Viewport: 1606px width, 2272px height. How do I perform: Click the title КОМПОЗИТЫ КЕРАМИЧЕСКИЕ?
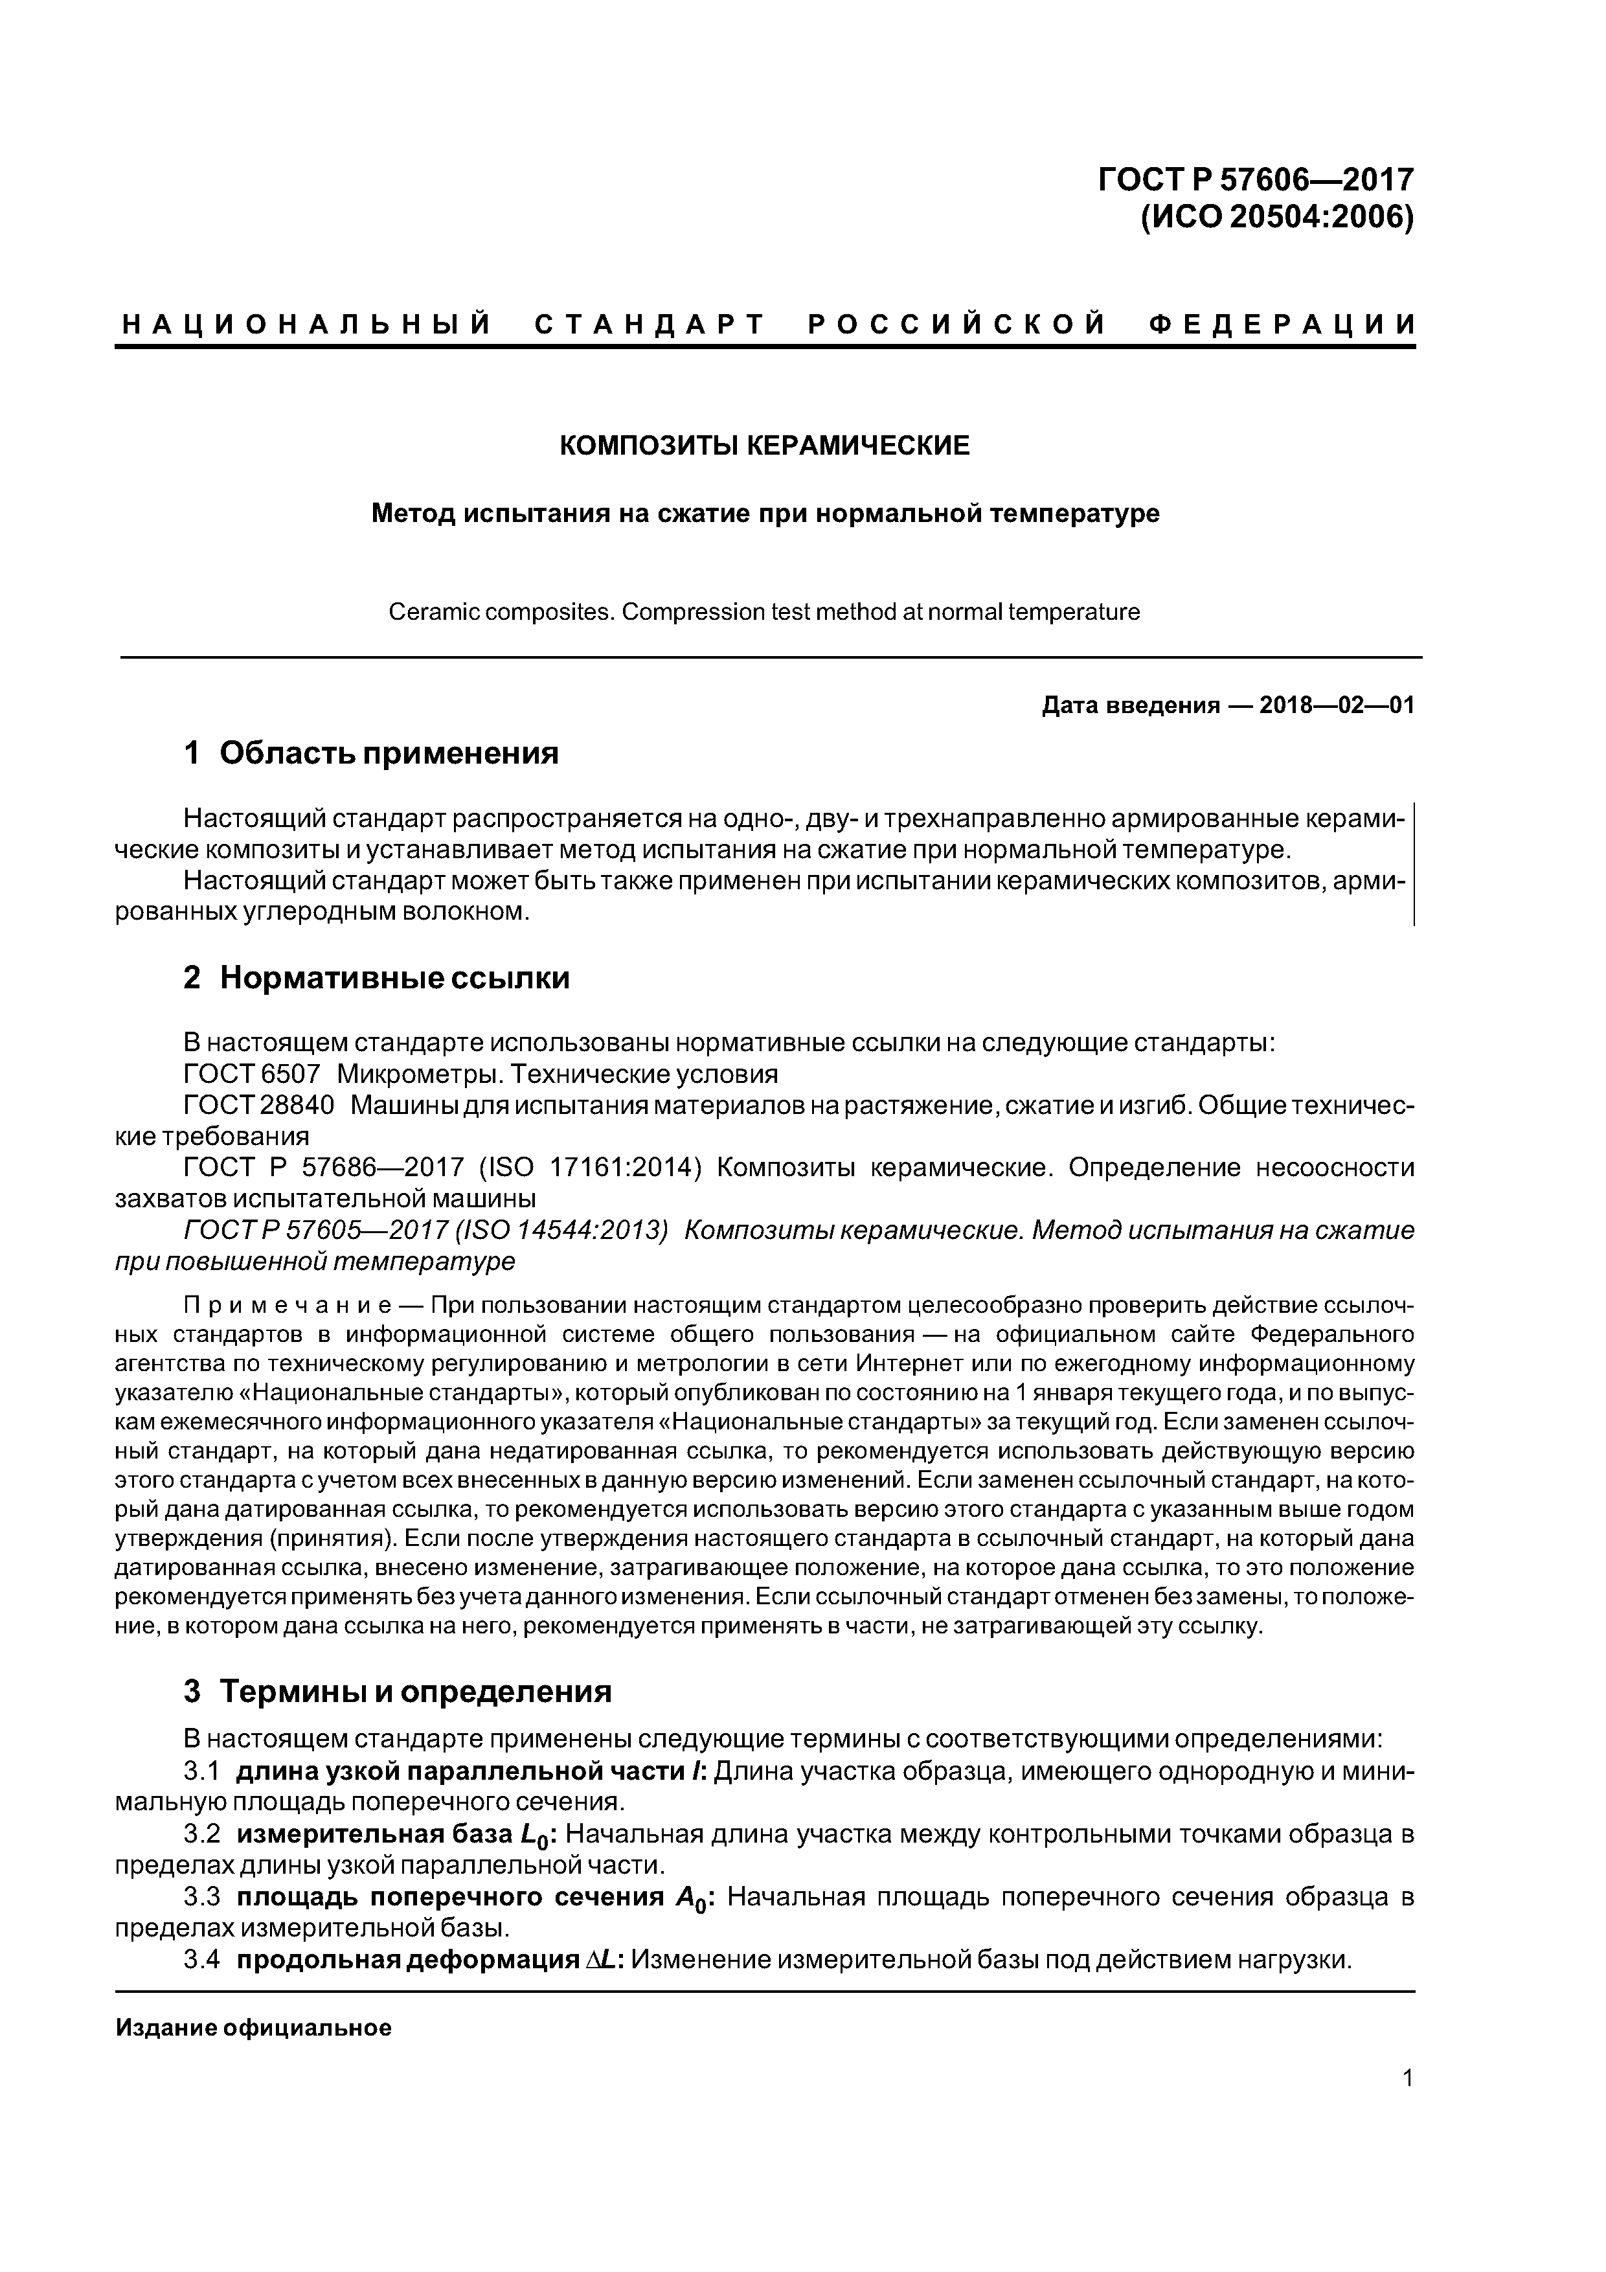[765, 446]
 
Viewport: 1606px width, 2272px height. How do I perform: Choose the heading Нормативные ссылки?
[394, 978]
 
